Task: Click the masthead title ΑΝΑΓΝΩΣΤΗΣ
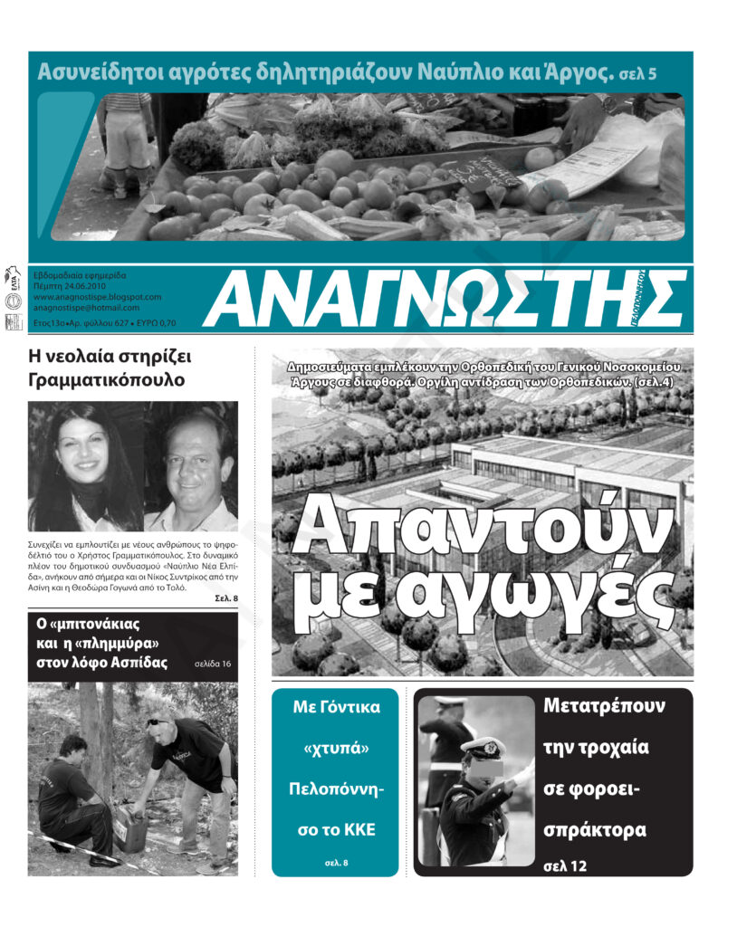coord(444,299)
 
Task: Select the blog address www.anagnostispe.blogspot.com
coord(97,296)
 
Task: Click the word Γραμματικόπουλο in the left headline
coord(107,380)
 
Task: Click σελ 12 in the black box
coord(566,866)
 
